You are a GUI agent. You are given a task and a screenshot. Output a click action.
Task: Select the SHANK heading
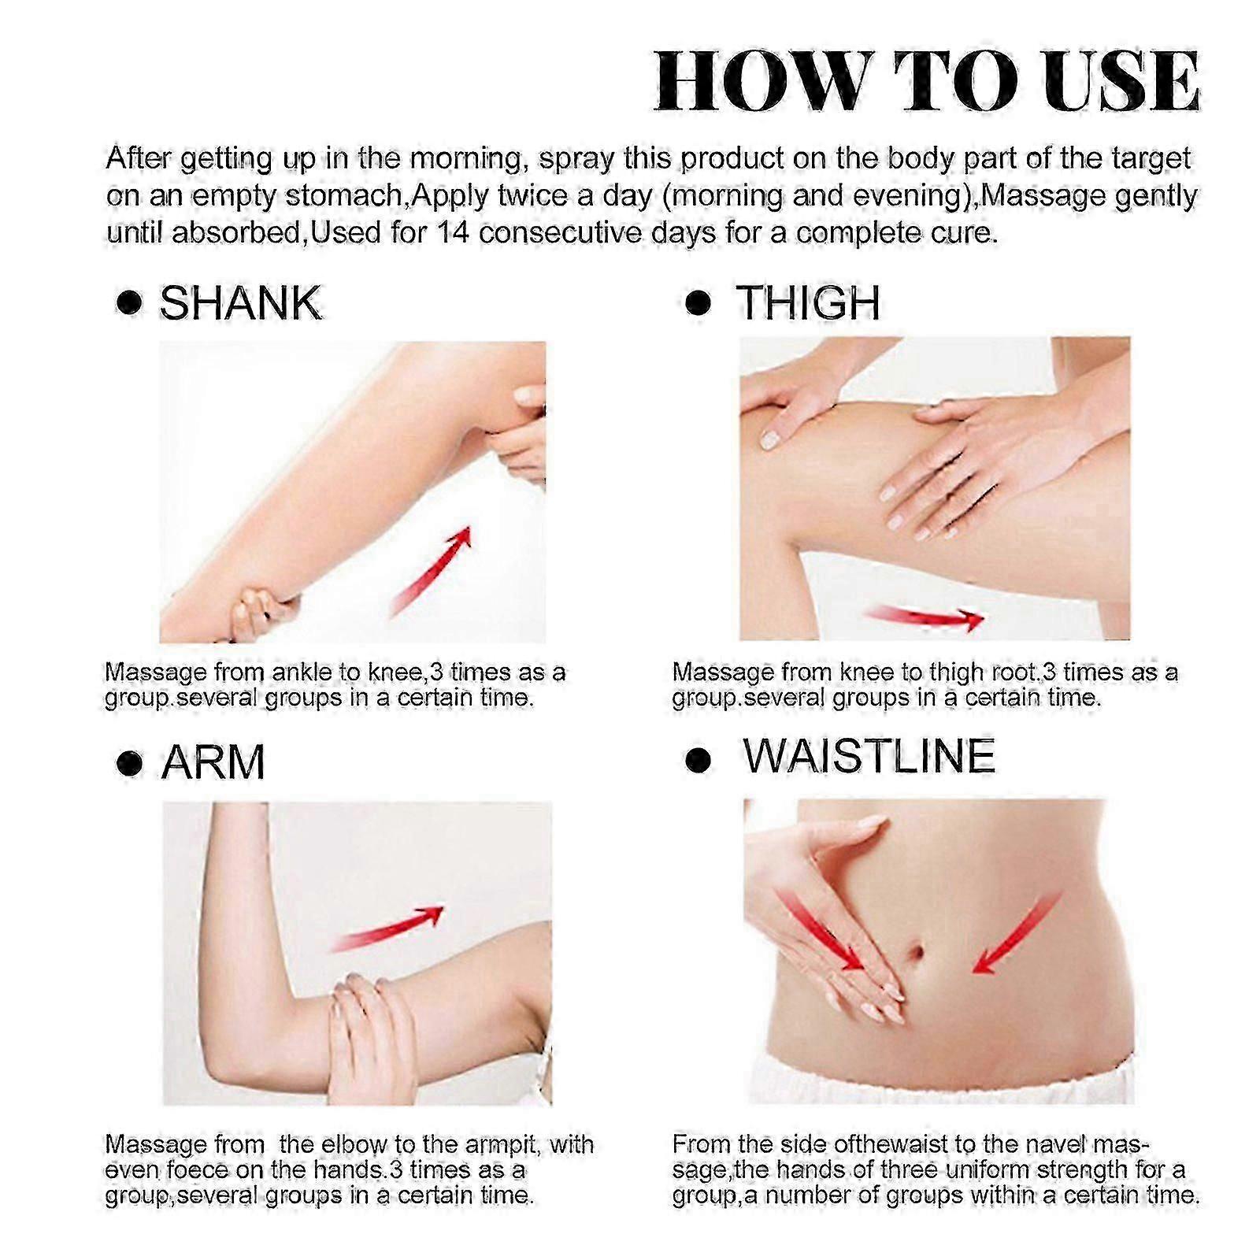[241, 303]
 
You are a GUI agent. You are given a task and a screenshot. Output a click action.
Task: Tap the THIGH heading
[808, 302]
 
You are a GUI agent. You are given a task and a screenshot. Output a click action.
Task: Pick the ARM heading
[213, 762]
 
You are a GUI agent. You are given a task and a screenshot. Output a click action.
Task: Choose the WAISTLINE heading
[869, 756]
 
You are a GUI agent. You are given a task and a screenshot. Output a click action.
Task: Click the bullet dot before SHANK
[128, 304]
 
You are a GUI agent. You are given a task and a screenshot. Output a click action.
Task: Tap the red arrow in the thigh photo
[923, 617]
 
